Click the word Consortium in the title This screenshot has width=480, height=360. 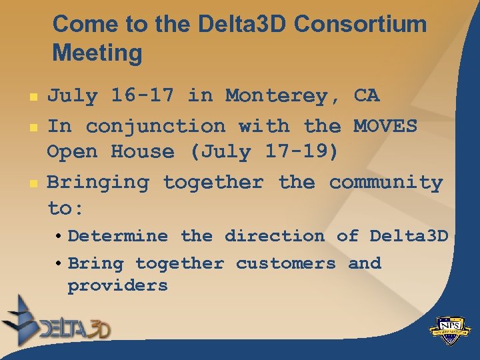coord(360,25)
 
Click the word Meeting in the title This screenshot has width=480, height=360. coord(97,53)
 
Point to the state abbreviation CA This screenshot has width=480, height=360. coord(366,96)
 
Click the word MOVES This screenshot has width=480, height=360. coord(385,125)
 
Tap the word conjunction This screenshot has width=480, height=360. coord(155,125)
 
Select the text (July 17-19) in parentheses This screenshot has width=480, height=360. coord(264,152)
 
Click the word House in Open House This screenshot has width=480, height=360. coord(142,152)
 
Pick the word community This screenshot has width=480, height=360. coord(386,182)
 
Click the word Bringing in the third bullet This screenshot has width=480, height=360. coord(98,182)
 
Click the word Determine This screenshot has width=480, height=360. coord(118,236)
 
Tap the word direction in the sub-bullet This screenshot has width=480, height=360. coord(274,236)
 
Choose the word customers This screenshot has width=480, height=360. coord(286,263)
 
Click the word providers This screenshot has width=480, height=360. coord(117,286)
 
